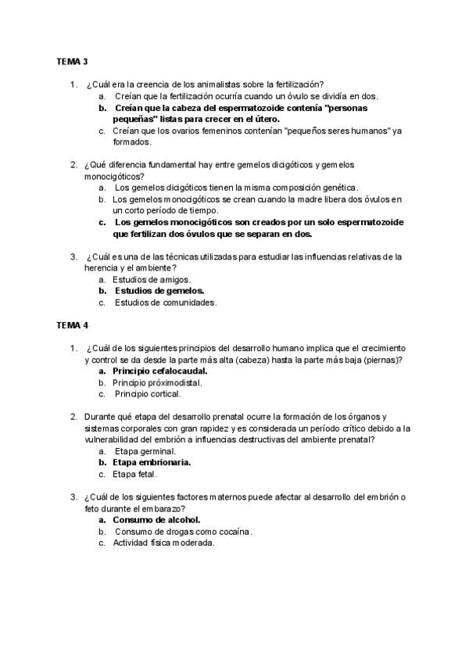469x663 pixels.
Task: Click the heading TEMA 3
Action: (x=72, y=61)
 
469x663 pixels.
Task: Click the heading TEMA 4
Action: (x=72, y=324)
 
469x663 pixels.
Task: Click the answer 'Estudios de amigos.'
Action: (x=152, y=279)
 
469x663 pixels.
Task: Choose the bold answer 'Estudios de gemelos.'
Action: (x=159, y=290)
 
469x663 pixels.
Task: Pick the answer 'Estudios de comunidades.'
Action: (x=165, y=302)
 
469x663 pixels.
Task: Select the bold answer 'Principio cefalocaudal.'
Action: (x=159, y=371)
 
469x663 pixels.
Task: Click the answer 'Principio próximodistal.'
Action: (x=157, y=382)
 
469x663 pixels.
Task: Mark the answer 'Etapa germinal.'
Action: (x=145, y=451)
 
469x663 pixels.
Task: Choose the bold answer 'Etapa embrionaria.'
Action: (x=152, y=462)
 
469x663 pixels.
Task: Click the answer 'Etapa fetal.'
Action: (x=135, y=474)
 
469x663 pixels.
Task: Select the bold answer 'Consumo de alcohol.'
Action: (x=156, y=519)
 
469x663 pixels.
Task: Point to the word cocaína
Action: (x=229, y=532)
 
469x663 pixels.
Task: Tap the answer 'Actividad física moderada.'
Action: (x=163, y=543)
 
